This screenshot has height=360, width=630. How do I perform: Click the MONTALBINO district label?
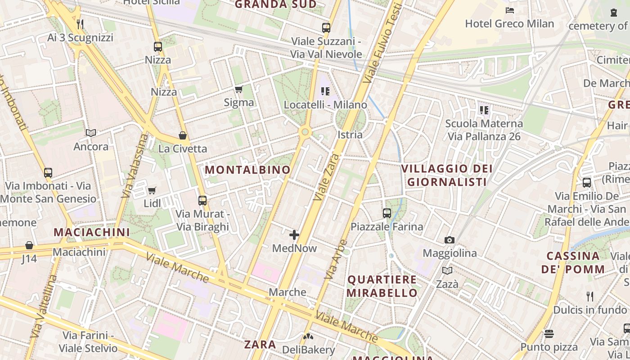click(247, 170)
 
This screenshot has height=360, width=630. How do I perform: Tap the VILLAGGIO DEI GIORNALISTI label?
click(446, 175)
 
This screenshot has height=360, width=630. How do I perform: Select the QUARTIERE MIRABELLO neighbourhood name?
click(382, 286)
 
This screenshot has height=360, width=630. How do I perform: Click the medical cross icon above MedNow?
click(294, 235)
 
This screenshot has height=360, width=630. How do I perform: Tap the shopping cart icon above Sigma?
click(238, 90)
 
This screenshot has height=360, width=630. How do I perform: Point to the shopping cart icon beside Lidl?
click(152, 191)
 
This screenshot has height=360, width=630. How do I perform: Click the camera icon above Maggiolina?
click(449, 240)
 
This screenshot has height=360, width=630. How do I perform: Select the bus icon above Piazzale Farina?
click(387, 213)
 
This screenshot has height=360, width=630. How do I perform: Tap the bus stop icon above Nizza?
click(158, 46)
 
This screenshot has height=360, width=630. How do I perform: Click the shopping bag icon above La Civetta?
click(183, 135)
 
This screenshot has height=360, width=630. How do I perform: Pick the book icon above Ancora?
click(91, 133)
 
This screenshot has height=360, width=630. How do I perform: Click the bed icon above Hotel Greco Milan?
click(509, 10)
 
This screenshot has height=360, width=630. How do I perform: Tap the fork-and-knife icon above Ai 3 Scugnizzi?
click(80, 24)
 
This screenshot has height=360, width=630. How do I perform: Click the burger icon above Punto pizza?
click(549, 333)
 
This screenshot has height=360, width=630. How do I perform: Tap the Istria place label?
click(350, 135)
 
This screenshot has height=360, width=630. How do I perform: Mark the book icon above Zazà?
click(447, 270)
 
